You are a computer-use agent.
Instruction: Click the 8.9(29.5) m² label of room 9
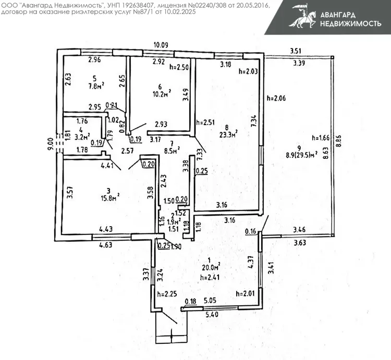pos(302,155)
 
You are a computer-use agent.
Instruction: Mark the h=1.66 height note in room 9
pos(322,138)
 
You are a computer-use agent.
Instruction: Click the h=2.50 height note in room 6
pos(180,67)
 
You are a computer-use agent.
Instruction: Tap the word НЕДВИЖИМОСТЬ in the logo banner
pos(347,24)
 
